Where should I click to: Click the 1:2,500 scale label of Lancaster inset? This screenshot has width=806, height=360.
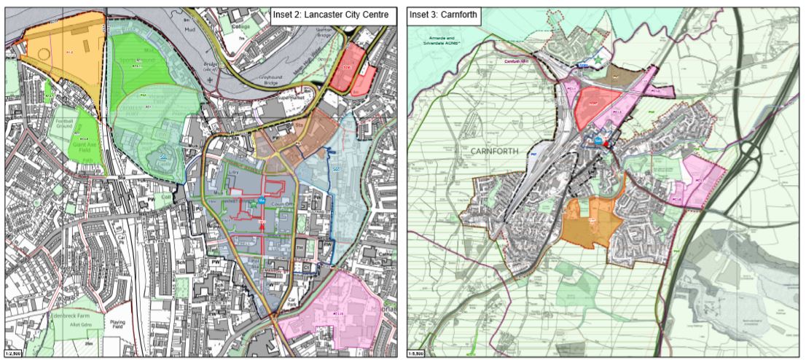click(x=15, y=354)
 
